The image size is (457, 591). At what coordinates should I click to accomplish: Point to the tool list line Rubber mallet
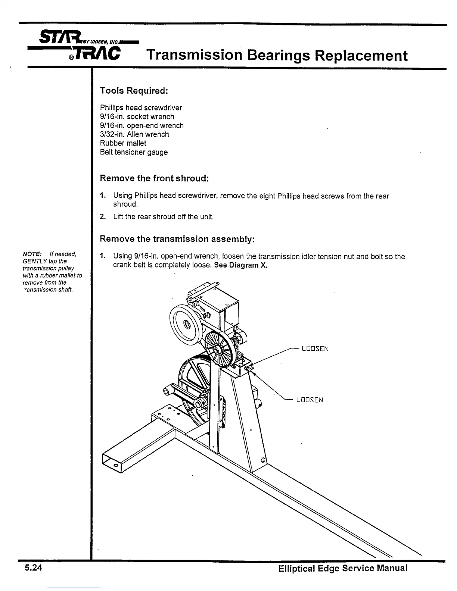(123, 143)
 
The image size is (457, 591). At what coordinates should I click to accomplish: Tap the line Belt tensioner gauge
(134, 152)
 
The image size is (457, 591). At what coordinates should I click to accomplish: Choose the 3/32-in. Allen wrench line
(134, 134)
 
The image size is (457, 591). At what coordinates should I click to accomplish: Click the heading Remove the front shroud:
(154, 178)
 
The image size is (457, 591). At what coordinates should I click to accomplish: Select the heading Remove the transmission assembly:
(177, 239)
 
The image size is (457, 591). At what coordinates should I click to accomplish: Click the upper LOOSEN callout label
(315, 349)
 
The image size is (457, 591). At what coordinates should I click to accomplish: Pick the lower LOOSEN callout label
(310, 400)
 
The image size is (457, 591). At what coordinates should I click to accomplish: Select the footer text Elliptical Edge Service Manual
(342, 569)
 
